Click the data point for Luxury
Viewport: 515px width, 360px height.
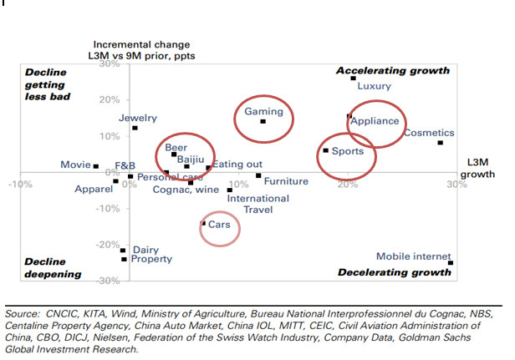[354, 79]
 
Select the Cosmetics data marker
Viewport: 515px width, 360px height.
[441, 143]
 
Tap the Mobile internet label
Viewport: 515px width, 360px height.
[413, 257]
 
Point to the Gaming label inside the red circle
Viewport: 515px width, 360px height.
[263, 112]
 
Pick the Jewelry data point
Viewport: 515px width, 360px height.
[135, 128]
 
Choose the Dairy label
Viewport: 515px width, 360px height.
[145, 250]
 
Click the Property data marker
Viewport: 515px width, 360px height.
[124, 260]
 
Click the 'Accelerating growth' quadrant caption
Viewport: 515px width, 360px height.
[393, 71]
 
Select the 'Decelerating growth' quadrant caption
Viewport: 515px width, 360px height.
[394, 272]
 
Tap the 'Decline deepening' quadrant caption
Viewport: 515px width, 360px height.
[53, 267]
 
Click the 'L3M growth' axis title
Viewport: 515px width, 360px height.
[477, 168]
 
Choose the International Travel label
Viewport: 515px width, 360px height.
[258, 204]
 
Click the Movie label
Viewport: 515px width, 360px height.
[75, 165]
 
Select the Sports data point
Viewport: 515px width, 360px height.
[325, 150]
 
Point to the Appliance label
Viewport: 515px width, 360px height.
[375, 121]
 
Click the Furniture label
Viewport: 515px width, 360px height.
[286, 181]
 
